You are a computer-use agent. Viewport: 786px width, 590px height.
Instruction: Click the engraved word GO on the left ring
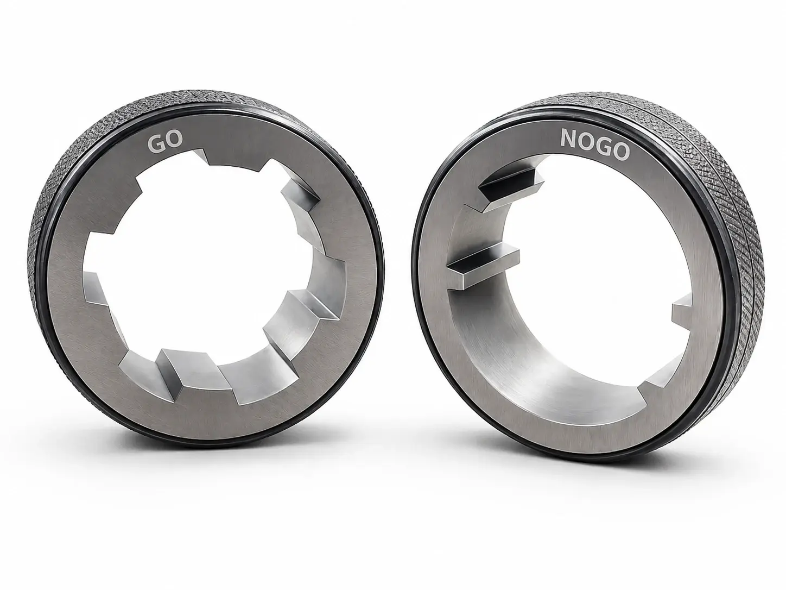tap(165, 141)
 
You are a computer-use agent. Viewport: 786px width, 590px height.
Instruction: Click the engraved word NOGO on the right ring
tap(595, 145)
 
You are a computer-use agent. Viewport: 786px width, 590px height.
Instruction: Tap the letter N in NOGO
tap(568, 139)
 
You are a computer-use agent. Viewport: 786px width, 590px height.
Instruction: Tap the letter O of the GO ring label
tap(174, 141)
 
